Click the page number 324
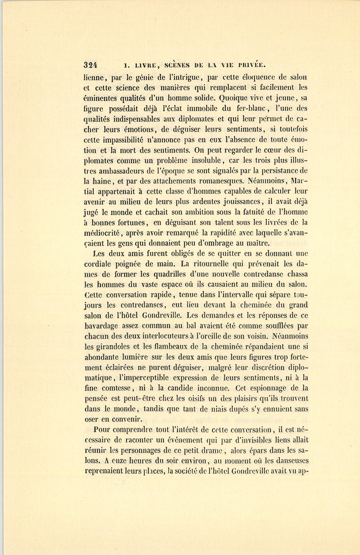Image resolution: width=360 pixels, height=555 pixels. coord(91,65)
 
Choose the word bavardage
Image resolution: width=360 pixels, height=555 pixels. coord(104,326)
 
